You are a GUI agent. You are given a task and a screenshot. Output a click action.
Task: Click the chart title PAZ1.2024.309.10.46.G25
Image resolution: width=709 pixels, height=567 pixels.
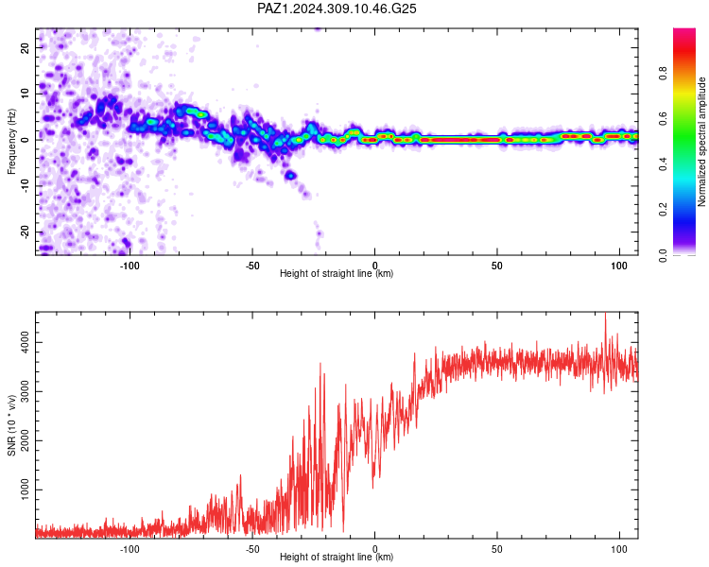pyautogui.click(x=337, y=9)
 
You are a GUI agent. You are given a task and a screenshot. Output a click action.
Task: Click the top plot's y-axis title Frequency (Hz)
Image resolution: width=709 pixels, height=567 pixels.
pyautogui.click(x=11, y=142)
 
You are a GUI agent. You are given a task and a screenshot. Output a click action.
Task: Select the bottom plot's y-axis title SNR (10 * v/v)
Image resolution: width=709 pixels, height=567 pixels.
pyautogui.click(x=11, y=425)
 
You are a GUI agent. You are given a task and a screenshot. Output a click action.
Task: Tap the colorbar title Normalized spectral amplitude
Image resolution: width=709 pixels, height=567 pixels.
pyautogui.click(x=701, y=142)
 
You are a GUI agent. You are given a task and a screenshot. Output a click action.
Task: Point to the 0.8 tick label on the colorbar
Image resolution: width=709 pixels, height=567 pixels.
pyautogui.click(x=663, y=73)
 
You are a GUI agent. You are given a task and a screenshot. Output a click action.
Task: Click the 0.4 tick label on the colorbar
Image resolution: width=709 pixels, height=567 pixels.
pyautogui.click(x=663, y=164)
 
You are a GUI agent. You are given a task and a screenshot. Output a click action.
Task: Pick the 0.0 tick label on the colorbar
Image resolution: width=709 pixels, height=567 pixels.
pyautogui.click(x=663, y=255)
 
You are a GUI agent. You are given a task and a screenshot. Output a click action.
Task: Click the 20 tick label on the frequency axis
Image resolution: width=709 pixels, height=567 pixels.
pyautogui.click(x=25, y=47)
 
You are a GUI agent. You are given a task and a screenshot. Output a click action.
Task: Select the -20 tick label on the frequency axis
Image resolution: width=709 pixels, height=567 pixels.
pyautogui.click(x=25, y=232)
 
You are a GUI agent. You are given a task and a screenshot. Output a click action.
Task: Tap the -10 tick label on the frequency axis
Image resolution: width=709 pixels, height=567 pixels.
pyautogui.click(x=25, y=186)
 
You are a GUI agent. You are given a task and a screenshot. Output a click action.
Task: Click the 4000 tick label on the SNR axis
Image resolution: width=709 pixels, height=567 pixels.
pyautogui.click(x=25, y=342)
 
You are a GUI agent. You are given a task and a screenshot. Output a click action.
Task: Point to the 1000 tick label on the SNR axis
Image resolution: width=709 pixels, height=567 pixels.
pyautogui.click(x=25, y=490)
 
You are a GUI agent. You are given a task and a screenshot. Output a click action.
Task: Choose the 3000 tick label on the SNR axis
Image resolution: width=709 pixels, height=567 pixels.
pyautogui.click(x=25, y=391)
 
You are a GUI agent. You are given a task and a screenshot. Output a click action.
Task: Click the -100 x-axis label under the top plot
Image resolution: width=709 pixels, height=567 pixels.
pyautogui.click(x=130, y=266)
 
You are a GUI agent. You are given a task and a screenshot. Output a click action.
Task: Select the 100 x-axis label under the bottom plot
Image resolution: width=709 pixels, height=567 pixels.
pyautogui.click(x=619, y=549)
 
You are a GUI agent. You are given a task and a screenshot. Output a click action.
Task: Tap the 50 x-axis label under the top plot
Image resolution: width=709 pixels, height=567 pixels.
pyautogui.click(x=496, y=266)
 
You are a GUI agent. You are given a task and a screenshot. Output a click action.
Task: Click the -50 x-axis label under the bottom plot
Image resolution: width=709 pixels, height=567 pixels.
pyautogui.click(x=251, y=549)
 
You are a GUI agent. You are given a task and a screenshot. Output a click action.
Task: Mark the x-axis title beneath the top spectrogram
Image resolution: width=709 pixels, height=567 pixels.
pyautogui.click(x=337, y=273)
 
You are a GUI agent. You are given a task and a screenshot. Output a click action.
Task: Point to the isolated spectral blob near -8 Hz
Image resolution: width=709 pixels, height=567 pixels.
pyautogui.click(x=291, y=175)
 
